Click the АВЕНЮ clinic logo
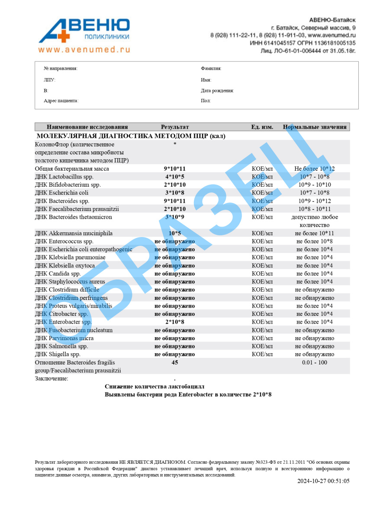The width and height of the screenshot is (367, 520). [84, 30]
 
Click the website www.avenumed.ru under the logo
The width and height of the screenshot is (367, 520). [84, 49]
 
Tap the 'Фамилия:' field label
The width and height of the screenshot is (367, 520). [211, 68]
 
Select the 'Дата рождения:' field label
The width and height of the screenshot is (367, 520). [217, 91]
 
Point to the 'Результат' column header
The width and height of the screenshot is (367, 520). [175, 127]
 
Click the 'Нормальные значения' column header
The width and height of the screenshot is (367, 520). [315, 127]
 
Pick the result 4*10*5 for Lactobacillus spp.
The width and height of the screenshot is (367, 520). [175, 177]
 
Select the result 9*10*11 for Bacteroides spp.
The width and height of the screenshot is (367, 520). [175, 201]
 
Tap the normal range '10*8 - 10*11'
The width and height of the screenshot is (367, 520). [315, 209]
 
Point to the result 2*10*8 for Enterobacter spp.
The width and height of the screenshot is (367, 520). [175, 322]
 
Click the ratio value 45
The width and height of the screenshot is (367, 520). [175, 362]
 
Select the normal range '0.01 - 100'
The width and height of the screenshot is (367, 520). [315, 362]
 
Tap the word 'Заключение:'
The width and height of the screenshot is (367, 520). [52, 378]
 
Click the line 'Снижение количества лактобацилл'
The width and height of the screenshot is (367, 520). [155, 386]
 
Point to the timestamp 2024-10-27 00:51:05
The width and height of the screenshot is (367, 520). [323, 481]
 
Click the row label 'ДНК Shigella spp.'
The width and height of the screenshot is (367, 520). [58, 354]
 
